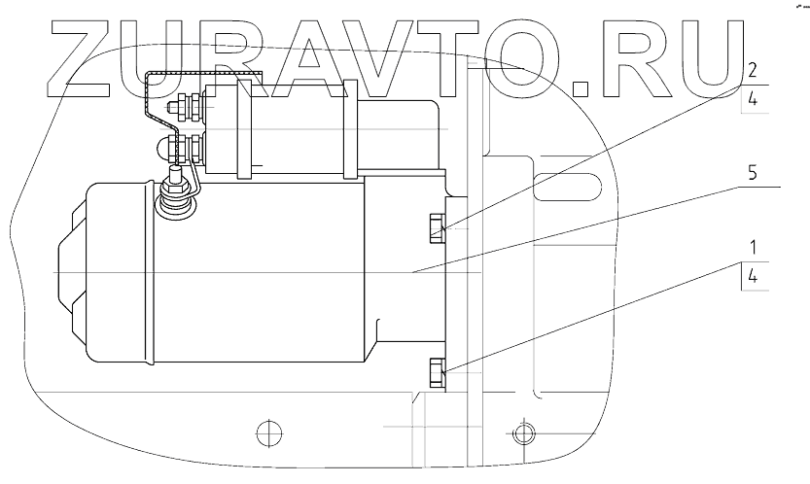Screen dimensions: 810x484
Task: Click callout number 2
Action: click(x=753, y=70)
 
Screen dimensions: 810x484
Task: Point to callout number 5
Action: click(x=753, y=172)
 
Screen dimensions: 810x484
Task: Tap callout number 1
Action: click(x=754, y=248)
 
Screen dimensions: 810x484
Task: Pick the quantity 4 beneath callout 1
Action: click(x=753, y=276)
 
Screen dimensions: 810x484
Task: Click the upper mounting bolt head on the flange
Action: click(x=437, y=228)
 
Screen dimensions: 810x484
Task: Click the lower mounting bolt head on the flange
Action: click(x=437, y=372)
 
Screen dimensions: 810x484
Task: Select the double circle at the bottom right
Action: click(x=524, y=432)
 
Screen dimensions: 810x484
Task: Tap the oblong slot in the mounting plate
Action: click(x=567, y=187)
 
